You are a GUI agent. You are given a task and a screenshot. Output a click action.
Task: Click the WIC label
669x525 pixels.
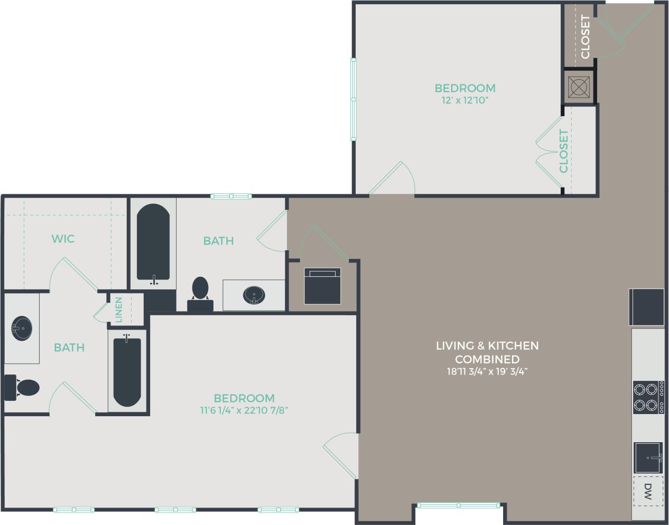pos(63,239)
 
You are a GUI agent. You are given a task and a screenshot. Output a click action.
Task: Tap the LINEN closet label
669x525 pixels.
pos(119,310)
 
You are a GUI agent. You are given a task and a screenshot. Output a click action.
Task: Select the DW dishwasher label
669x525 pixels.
pos(648,492)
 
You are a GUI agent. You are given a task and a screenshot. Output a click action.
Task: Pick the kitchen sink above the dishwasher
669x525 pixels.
pos(648,458)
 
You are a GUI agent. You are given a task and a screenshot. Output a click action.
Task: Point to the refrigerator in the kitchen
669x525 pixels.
pos(646,307)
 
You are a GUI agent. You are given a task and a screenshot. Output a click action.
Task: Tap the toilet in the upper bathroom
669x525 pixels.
pos(200,290)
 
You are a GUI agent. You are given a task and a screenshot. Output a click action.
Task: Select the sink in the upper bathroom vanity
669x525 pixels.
pos(255,295)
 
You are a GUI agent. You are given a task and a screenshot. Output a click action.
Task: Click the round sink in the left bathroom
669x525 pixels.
pos(22,329)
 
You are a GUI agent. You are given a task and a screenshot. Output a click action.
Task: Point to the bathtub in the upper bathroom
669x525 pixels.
pos(153,243)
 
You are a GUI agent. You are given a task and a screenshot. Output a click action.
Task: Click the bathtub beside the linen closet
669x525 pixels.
pos(127,371)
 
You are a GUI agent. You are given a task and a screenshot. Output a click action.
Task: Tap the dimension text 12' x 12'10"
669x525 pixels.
pos(465,100)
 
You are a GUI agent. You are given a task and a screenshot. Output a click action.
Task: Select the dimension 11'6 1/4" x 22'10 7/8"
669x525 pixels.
pos(244,410)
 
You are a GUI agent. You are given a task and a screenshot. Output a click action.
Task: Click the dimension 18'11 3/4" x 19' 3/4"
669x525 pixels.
pos(487,371)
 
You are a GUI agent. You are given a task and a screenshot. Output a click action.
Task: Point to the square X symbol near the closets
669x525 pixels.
pos(579,86)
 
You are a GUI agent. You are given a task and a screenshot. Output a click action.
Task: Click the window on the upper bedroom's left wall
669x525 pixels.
pos(354,99)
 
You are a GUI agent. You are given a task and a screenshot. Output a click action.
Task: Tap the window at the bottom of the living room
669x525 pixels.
pos(458,505)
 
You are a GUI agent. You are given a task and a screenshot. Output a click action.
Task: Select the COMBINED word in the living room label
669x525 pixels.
pos(487,359)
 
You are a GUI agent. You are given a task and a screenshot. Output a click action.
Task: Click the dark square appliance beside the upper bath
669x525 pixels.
pos(322,286)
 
